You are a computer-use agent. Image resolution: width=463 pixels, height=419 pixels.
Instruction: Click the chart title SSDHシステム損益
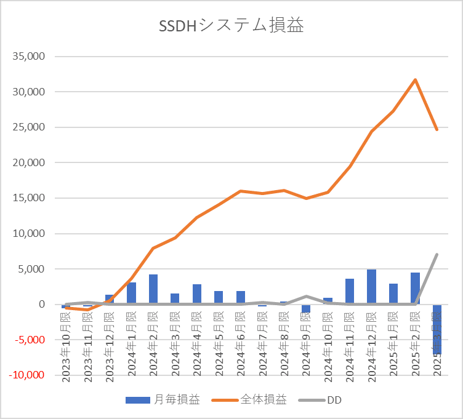coord(231,26)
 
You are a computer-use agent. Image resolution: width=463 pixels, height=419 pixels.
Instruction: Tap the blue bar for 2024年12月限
coord(371,287)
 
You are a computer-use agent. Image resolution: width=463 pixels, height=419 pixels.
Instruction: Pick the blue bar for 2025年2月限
coord(415,289)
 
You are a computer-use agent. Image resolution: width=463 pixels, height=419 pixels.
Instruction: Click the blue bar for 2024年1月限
coord(131,293)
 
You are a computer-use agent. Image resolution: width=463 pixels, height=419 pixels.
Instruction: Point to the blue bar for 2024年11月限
coord(350,292)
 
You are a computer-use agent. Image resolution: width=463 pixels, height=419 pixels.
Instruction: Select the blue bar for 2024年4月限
coord(197,294)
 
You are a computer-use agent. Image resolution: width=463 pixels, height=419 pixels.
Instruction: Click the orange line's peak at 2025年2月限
coord(416,80)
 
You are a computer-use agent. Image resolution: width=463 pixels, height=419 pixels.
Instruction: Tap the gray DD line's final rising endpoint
coord(437,254)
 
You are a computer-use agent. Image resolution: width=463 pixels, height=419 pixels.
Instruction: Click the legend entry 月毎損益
coord(163,400)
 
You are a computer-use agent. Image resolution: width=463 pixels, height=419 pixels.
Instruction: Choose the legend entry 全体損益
coord(249,400)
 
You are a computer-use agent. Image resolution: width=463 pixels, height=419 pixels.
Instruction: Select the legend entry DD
coord(320,400)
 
